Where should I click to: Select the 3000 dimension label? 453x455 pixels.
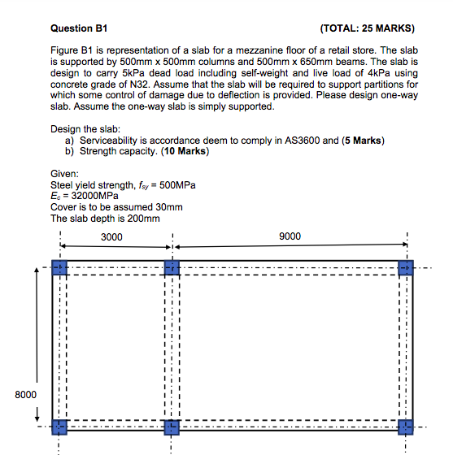tap(112, 236)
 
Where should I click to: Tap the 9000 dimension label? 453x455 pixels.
tap(289, 236)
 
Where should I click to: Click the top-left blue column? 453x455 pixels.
tap(59, 267)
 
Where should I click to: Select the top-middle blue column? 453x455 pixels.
tap(172, 267)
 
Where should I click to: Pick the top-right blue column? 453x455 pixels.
tap(406, 267)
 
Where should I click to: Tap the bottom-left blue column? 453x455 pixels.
tap(59, 427)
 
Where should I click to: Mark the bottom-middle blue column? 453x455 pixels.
tap(172, 427)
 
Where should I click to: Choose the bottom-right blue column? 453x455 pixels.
tap(406, 427)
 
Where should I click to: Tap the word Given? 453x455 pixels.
tap(65, 173)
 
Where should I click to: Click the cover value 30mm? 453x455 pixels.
tap(168, 206)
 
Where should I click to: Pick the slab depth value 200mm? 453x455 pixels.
tap(141, 218)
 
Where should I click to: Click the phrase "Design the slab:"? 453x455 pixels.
tap(85, 129)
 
